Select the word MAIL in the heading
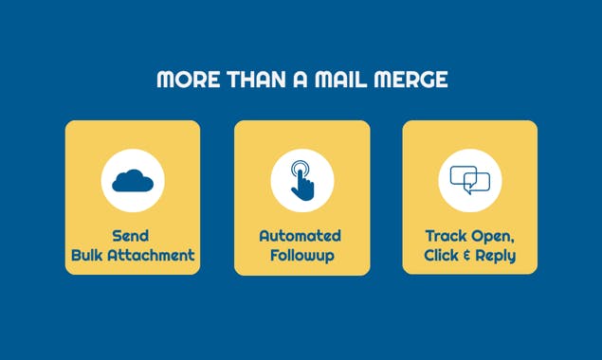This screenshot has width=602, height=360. tap(347, 80)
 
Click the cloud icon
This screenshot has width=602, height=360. tap(133, 180)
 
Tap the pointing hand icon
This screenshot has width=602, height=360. tap(301, 180)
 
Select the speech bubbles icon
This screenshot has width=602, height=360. tap(469, 180)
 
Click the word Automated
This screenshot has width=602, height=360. tap(301, 236)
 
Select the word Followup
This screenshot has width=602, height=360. tap(301, 255)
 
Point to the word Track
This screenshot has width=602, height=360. tap(446, 236)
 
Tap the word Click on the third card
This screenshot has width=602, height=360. tap(442, 255)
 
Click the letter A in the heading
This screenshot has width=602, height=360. tap(301, 80)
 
